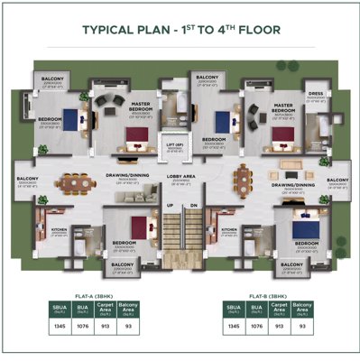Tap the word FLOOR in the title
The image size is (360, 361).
tap(257, 29)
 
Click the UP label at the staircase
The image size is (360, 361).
tap(168, 206)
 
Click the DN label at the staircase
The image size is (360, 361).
tap(191, 206)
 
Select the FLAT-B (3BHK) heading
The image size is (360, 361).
tap(267, 294)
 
